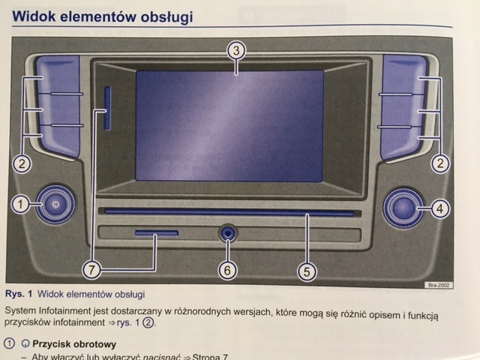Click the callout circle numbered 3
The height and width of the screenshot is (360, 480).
[235, 51]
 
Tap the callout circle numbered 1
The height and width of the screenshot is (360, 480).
[22, 202]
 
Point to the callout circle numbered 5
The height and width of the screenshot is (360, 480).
[304, 271]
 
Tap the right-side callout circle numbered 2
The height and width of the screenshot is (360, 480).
[441, 161]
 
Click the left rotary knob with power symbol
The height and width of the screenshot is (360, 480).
[54, 202]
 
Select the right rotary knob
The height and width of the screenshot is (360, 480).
[403, 206]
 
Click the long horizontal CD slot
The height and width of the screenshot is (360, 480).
[229, 213]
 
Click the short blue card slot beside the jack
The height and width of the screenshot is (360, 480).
[157, 234]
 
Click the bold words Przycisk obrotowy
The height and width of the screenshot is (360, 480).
[73, 345]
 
